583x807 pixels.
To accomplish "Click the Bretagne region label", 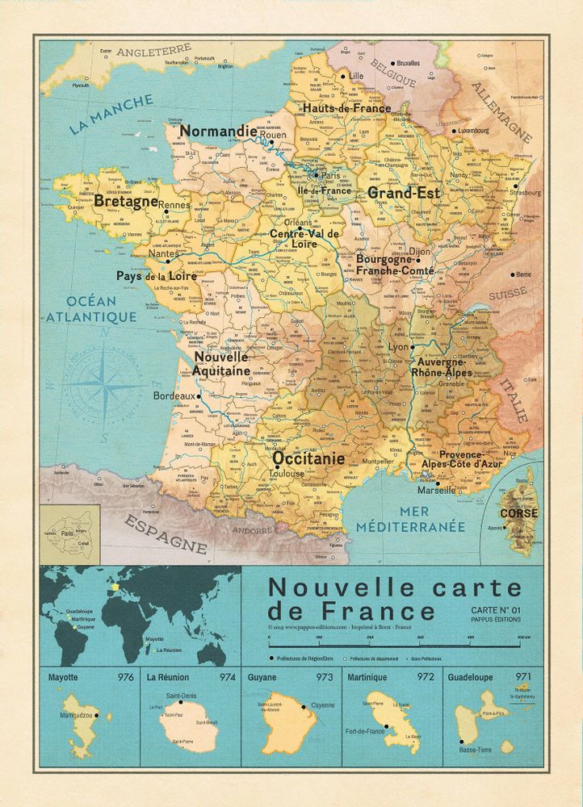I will click(x=125, y=201).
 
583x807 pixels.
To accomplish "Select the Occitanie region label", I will click(x=308, y=458).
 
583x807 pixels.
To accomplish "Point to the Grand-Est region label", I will click(x=405, y=193).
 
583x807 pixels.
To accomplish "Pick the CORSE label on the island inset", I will click(x=519, y=513).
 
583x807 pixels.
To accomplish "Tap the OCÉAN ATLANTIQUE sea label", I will click(x=91, y=309).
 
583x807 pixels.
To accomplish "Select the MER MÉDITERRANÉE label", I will click(x=432, y=519).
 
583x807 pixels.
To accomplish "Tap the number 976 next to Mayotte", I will click(x=125, y=677).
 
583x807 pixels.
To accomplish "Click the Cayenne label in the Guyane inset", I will click(x=322, y=705).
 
